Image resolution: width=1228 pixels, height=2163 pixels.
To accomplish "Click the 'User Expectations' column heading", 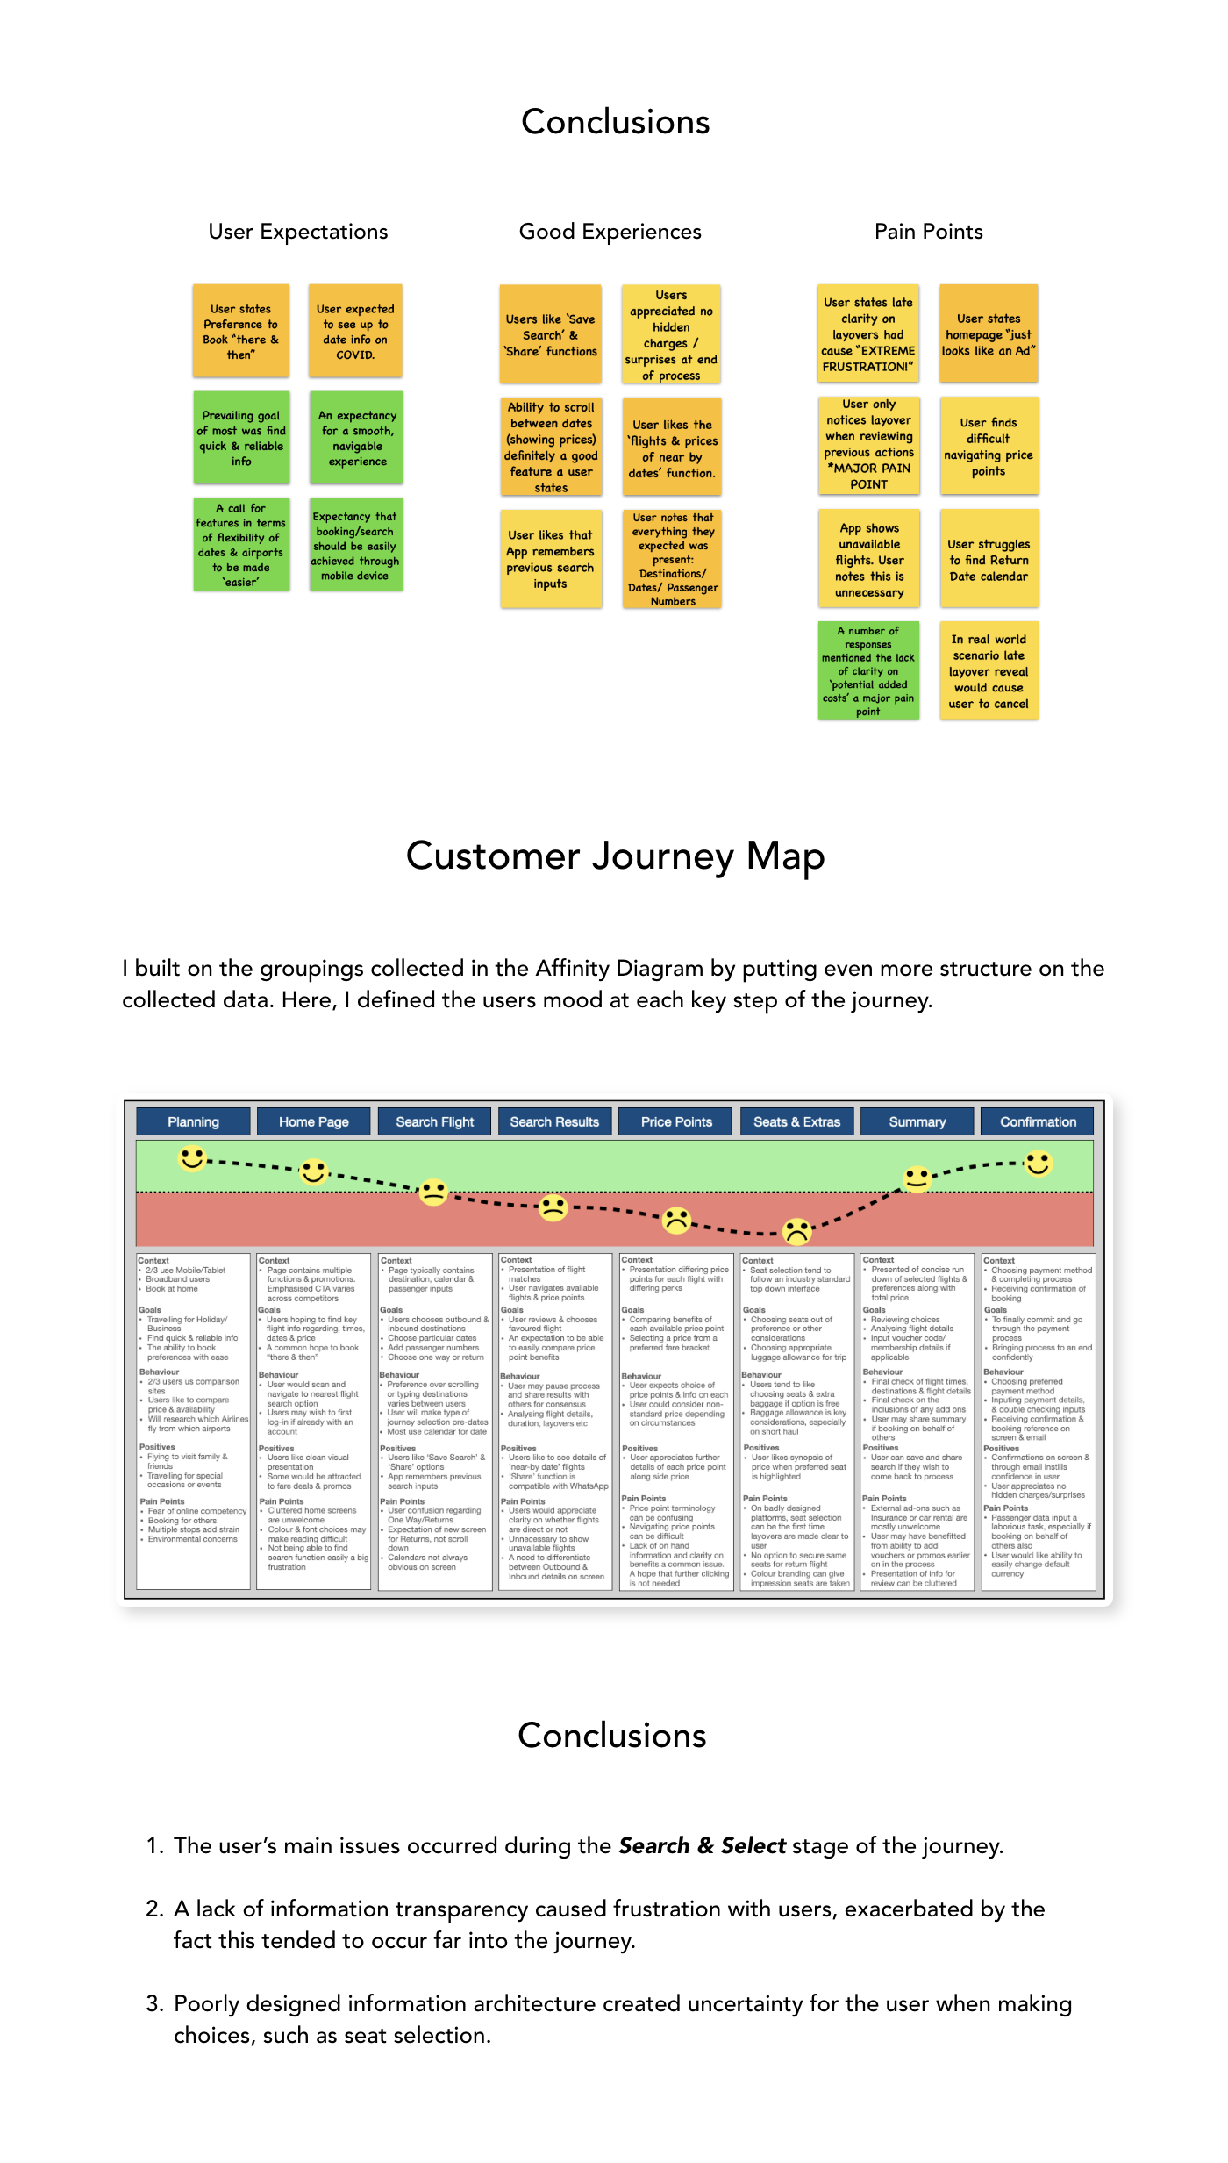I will (297, 232).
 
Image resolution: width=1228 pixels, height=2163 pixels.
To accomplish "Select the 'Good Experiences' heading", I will (610, 232).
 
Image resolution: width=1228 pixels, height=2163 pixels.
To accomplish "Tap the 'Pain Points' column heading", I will (928, 232).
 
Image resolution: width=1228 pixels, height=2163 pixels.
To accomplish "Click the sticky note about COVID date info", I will (355, 332).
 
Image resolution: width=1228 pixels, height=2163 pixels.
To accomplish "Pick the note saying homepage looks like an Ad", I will (989, 334).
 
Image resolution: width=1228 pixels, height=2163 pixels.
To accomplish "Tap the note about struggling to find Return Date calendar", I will (989, 560).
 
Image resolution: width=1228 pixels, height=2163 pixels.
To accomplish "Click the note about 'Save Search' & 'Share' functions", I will (551, 334).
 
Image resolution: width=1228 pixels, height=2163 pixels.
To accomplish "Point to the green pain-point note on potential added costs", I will (868, 670).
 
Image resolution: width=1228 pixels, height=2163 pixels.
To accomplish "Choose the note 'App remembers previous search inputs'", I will (551, 559).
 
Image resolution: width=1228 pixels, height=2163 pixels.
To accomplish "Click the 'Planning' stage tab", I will (193, 1121).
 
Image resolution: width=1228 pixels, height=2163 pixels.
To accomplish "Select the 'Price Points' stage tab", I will (676, 1121).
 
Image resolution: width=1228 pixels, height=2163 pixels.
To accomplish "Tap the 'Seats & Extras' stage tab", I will (796, 1121).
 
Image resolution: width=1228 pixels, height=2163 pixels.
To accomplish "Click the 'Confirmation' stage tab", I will (1038, 1121).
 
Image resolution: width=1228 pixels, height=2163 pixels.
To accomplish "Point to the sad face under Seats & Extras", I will (796, 1231).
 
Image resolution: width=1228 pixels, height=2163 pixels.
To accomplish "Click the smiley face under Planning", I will (192, 1158).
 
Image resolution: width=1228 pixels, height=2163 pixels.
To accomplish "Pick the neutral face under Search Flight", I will (433, 1192).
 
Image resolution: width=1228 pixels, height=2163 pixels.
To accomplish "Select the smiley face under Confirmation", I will (1039, 1164).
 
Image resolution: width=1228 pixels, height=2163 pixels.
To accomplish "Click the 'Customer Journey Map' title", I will (615, 856).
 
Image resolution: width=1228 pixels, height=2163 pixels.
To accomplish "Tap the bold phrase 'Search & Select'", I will (702, 1845).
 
